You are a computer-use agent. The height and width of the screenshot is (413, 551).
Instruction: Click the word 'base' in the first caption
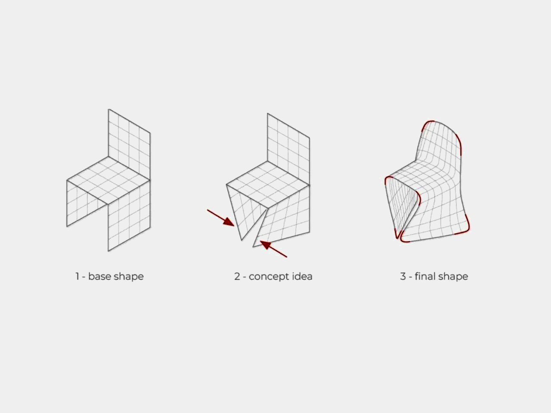tap(99, 276)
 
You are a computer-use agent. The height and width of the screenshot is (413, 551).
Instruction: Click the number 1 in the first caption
tap(77, 276)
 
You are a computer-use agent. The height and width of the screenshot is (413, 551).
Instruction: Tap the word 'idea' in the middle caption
tap(302, 276)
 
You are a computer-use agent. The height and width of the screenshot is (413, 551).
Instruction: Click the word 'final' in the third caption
tap(425, 276)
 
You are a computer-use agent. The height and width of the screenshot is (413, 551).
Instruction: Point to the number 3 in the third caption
tap(403, 276)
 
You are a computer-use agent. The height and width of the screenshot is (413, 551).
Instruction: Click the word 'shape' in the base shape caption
tap(129, 277)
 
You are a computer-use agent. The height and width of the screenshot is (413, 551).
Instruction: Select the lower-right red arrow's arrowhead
tap(265, 244)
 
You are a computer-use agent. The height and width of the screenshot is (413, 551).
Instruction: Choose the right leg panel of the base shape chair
tap(129, 219)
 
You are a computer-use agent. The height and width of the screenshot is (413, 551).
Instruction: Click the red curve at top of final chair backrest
tap(428, 123)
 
